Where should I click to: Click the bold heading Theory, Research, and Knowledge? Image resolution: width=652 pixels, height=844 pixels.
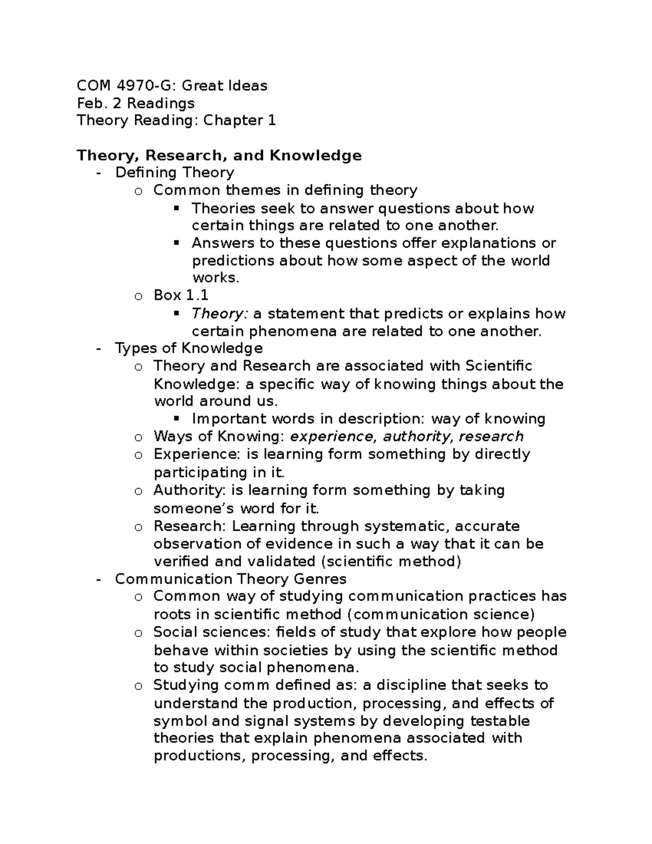pos(219,155)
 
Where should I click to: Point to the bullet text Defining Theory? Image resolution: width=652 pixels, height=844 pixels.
pos(174,173)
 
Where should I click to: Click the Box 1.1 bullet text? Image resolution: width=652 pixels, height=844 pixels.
pos(181,296)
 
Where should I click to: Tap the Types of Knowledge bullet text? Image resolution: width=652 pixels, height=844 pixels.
pos(189,348)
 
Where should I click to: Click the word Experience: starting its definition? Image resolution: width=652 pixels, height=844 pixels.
pos(189,454)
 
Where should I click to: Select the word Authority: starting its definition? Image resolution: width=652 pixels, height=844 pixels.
pos(189,490)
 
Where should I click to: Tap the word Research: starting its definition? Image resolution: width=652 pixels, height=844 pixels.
pos(189,527)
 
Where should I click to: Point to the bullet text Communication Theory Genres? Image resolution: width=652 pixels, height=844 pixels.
pos(230,579)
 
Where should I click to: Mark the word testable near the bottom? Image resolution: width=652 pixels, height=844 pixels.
pos(499,721)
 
